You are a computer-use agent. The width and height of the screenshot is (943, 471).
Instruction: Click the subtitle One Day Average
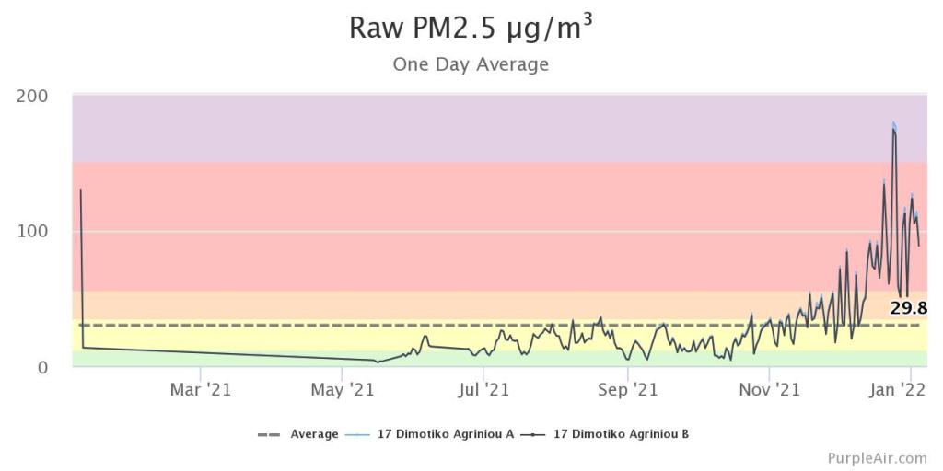471,64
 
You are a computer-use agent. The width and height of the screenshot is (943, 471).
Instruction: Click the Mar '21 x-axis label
200,390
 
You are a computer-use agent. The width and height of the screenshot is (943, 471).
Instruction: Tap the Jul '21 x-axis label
483,390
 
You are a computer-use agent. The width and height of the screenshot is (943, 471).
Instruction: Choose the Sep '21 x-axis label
626,390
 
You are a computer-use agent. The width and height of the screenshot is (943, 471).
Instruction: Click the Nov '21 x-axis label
769,390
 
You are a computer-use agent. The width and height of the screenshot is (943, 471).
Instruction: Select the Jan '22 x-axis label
898,390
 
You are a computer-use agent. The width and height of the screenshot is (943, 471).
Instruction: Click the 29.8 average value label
908,308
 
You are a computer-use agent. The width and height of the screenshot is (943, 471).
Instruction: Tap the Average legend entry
314,433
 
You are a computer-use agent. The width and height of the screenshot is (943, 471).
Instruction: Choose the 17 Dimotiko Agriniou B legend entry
621,433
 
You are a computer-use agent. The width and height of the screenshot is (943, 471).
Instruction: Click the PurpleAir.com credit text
877,457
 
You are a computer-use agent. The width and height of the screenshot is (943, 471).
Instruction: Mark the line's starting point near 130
81,190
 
